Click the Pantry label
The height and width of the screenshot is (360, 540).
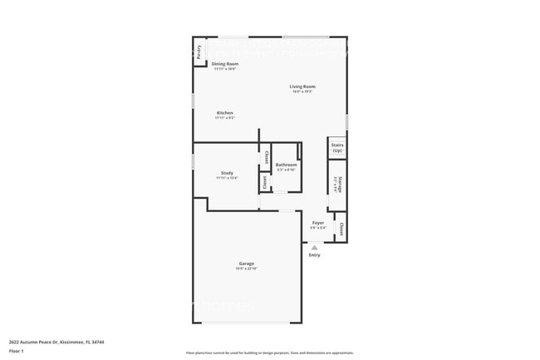199,52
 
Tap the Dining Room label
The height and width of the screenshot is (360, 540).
224,64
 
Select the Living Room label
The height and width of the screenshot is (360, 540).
302,86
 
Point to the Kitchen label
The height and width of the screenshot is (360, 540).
224,113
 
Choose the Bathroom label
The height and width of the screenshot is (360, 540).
286,165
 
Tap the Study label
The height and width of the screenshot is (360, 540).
227,173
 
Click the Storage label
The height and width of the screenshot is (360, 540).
338,184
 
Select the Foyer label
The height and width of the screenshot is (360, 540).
318,223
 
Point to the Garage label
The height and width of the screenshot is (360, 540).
247,264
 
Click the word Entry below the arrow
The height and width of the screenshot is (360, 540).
314,254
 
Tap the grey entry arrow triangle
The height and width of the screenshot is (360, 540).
314,247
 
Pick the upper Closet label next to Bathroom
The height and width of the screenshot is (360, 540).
266,156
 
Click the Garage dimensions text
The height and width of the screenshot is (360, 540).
247,269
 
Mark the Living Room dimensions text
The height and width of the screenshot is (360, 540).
302,91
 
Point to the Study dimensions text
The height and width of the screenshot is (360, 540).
227,178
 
